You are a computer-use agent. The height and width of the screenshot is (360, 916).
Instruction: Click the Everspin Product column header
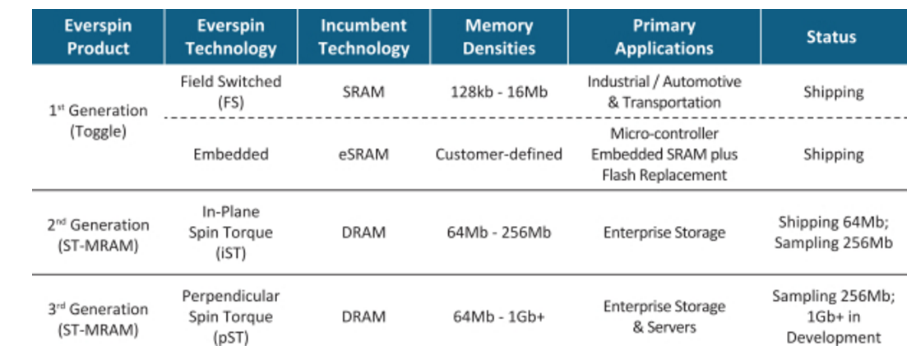[x=98, y=37]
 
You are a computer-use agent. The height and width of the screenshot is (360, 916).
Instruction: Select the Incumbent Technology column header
[x=363, y=37]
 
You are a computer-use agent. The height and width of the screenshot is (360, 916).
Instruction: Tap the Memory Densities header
[x=499, y=37]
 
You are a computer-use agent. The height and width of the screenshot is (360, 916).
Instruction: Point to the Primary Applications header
[x=664, y=37]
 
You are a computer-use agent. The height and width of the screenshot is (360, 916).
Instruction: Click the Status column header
[x=831, y=37]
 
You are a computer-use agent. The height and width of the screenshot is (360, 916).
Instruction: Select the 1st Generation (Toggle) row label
[x=98, y=121]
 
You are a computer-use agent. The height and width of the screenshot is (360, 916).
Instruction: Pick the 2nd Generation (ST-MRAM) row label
[x=98, y=234]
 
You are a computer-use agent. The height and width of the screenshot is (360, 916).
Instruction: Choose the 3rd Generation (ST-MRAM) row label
[x=98, y=319]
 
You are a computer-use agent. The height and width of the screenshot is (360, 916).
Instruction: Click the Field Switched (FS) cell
[x=231, y=91]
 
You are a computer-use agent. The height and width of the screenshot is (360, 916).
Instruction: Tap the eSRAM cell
[x=363, y=155]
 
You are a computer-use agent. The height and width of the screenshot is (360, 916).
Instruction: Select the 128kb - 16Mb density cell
[x=499, y=92]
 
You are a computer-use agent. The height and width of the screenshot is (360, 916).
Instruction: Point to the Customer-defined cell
[x=499, y=155]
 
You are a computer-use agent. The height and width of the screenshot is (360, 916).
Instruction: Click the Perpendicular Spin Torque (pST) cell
[x=231, y=316]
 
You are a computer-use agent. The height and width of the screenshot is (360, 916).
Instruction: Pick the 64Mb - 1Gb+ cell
[x=499, y=317]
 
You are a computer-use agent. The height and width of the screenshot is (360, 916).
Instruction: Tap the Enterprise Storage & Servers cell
[x=664, y=316]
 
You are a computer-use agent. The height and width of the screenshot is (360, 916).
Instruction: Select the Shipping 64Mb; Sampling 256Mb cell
[x=834, y=233]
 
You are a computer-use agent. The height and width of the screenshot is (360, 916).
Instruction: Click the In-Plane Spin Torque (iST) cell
[x=231, y=233]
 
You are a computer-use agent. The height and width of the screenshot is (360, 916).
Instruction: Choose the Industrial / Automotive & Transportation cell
[x=664, y=91]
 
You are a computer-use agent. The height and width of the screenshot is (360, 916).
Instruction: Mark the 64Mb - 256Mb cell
[x=499, y=233]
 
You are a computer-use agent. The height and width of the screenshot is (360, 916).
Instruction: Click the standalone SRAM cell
[x=363, y=92]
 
